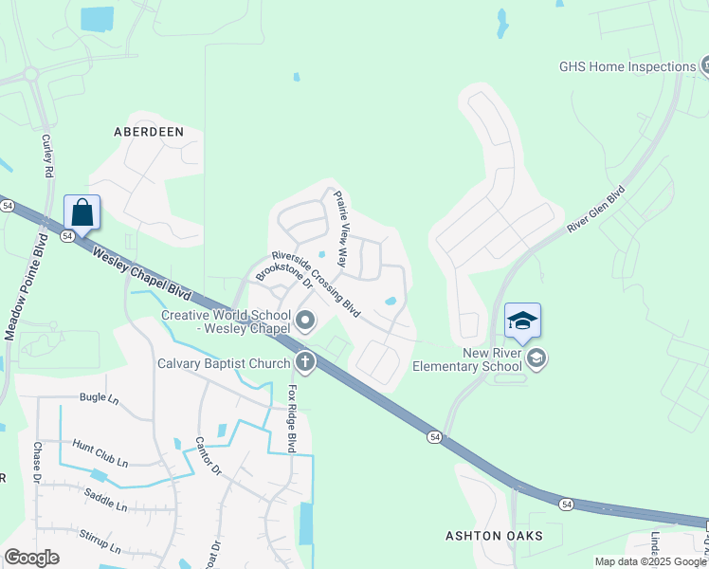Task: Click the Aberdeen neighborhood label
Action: point(149,132)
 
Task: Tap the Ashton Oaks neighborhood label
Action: point(495,536)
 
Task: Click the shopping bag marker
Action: point(82,212)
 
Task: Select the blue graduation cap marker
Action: point(522,321)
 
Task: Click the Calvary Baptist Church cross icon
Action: point(305,361)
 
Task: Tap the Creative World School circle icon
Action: point(305,322)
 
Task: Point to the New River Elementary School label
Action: point(492,359)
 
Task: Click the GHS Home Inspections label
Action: point(627,66)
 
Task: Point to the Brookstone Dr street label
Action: point(283,269)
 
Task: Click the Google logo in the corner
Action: point(32,558)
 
